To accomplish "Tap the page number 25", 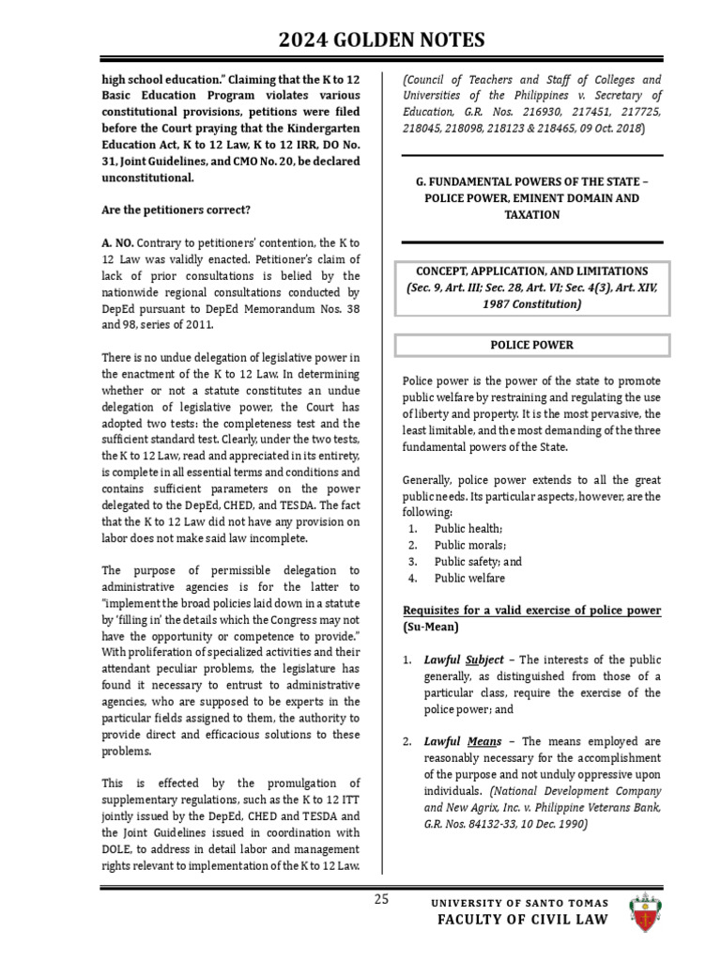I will point(381,899).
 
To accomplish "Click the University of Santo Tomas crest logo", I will point(646,911).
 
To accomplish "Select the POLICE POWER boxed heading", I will point(532,345).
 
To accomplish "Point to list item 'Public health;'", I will point(468,529).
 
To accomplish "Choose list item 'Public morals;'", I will point(469,546).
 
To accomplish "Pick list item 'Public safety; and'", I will point(478,562).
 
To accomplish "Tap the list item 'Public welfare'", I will point(469,579).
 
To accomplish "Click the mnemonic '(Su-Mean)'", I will point(431,627).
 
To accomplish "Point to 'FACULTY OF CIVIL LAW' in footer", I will point(522,920).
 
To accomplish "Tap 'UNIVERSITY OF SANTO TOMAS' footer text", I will point(519,903).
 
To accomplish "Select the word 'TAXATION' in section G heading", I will point(532,215).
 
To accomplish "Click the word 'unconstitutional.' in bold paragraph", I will point(149,177).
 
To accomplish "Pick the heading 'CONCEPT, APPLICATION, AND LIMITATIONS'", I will point(532,272).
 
